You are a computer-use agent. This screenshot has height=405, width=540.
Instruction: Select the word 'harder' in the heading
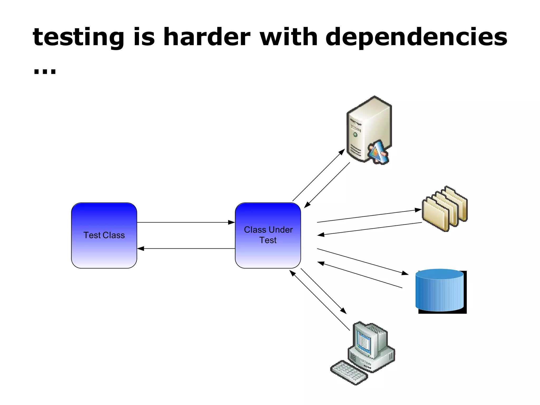[207, 37]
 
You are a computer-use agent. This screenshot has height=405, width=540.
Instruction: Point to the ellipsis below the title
[45, 71]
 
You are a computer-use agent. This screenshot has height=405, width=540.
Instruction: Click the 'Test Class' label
[104, 235]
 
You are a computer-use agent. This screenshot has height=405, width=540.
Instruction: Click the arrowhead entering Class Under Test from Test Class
[232, 222]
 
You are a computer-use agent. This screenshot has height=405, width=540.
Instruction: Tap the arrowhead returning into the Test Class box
[141, 248]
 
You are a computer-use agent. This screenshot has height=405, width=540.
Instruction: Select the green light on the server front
[355, 134]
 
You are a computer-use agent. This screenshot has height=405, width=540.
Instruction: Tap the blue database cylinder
[439, 290]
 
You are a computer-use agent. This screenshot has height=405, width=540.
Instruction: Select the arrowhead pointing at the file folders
[418, 210]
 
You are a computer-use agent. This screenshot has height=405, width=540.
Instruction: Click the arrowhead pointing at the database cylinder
[405, 273]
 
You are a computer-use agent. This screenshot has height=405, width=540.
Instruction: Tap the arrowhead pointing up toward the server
[342, 152]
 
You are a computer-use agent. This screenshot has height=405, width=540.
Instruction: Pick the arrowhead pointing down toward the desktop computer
[343, 311]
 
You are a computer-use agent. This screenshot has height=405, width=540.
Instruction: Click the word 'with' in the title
[288, 37]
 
